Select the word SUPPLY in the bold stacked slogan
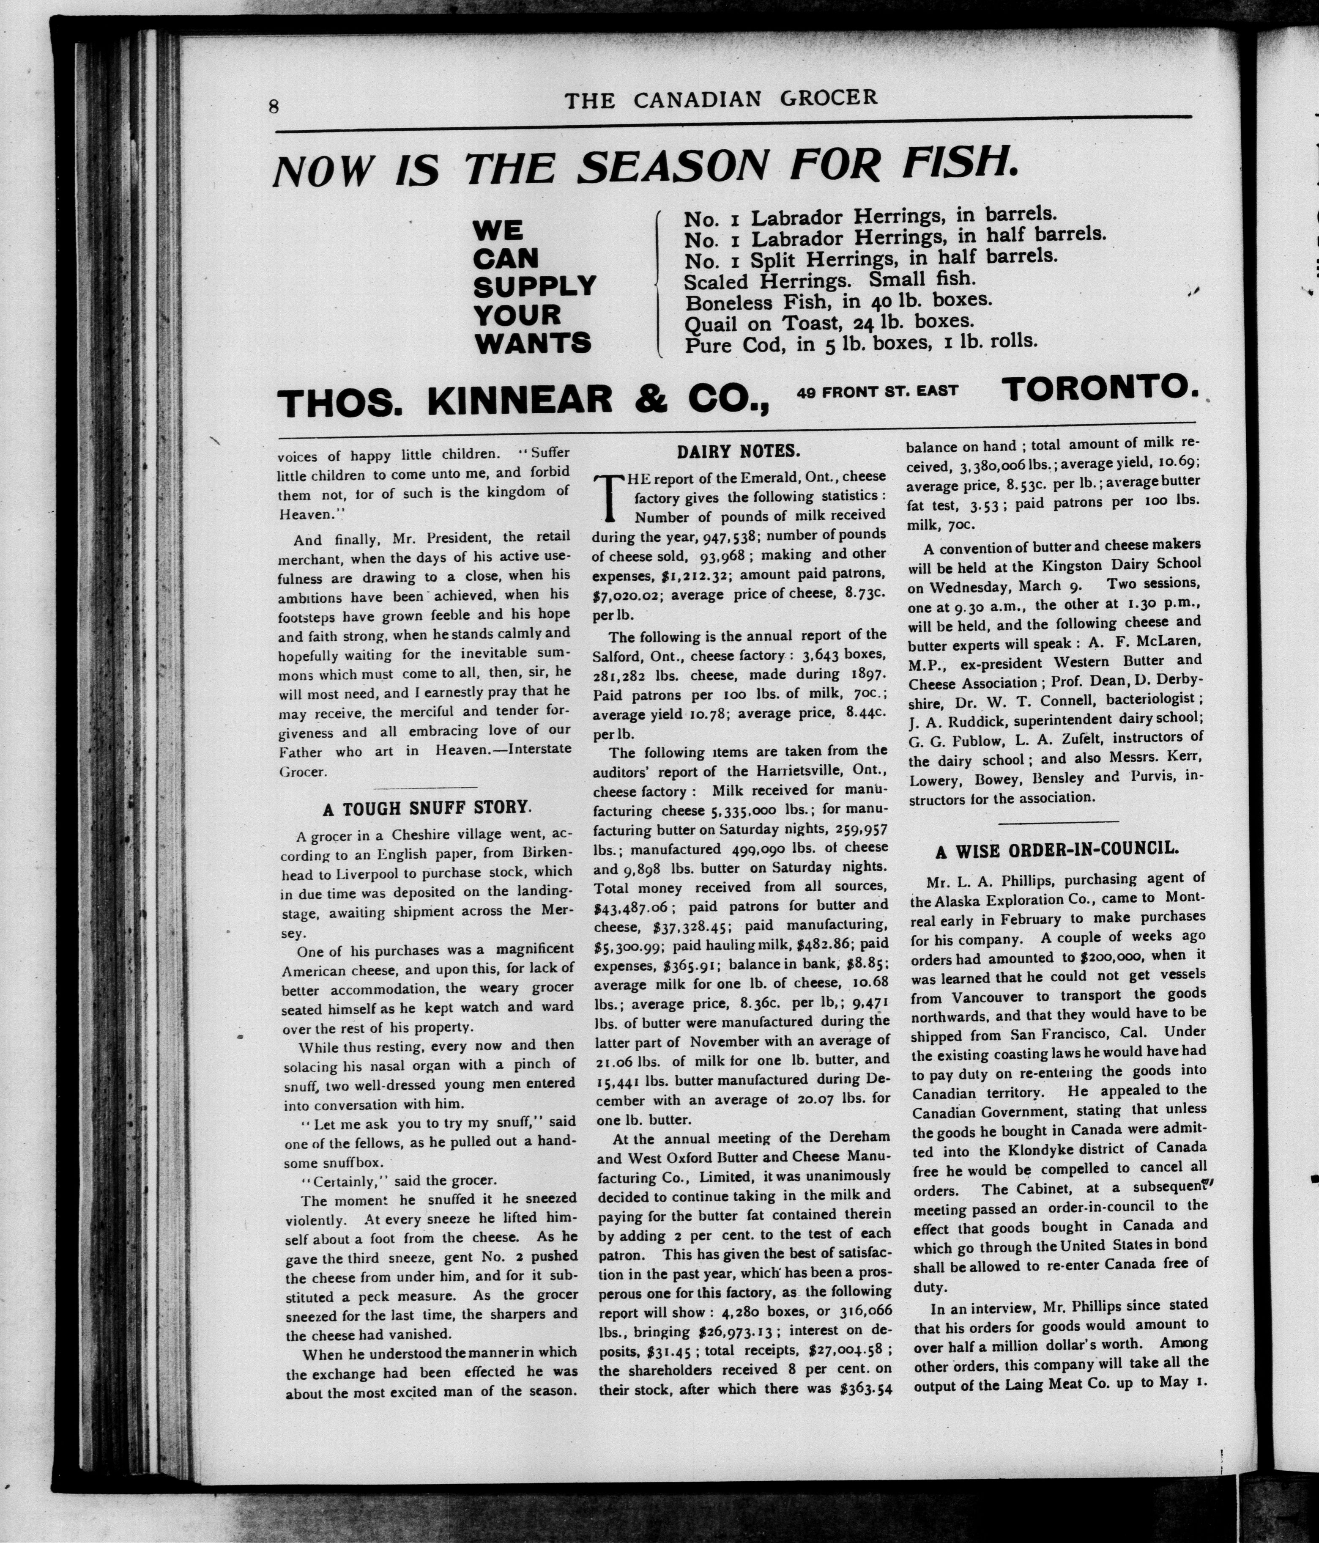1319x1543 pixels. click(x=534, y=286)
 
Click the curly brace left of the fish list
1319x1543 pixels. click(x=658, y=283)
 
